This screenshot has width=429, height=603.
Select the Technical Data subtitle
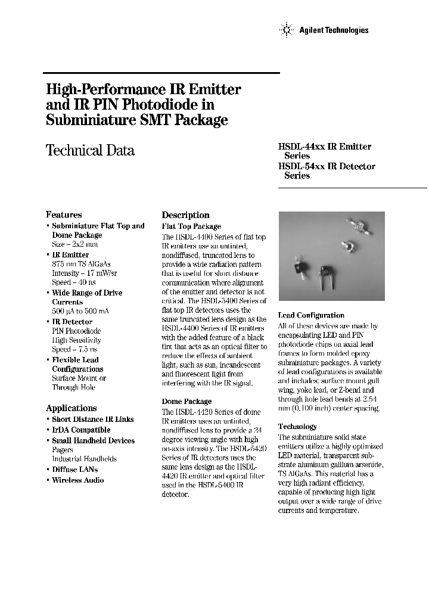click(90, 151)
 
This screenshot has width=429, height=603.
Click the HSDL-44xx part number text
click(300, 147)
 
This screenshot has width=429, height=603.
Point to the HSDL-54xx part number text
click(300, 166)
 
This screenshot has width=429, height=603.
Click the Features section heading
click(64, 215)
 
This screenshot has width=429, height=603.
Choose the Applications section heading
click(71, 408)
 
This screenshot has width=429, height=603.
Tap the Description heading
click(186, 215)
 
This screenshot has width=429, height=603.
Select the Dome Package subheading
click(186, 402)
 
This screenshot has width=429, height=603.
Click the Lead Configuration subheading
click(311, 315)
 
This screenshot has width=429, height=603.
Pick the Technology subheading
click(297, 427)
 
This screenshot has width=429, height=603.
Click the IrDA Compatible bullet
click(81, 430)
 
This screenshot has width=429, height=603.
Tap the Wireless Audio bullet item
click(77, 480)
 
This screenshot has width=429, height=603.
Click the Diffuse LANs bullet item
click(74, 470)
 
